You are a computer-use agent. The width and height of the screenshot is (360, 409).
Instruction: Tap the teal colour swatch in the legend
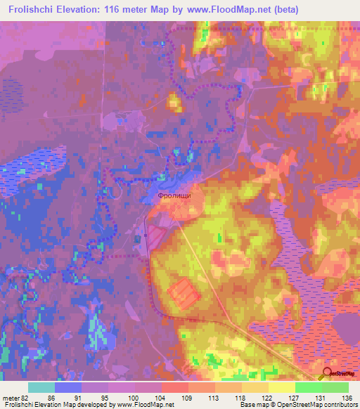pyautogui.click(x=41, y=387)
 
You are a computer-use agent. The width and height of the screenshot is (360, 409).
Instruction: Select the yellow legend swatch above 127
pyautogui.click(x=281, y=387)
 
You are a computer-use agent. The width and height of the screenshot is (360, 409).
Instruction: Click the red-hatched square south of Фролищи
pyautogui.click(x=183, y=291)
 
